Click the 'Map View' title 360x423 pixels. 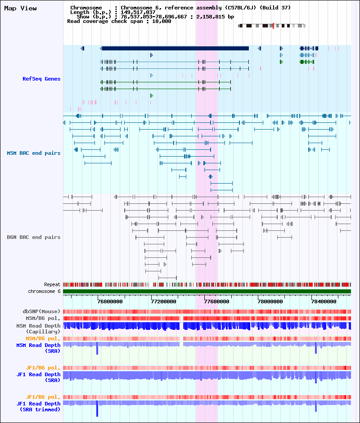pos(21,9)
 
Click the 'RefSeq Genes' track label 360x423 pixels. pos(41,79)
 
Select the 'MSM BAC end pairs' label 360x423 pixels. pos(34,153)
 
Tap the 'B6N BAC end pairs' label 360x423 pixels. pos(34,237)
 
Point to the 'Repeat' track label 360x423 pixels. pos(52,284)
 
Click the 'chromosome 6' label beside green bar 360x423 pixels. pos(44,291)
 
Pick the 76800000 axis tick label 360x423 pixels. pos(110,301)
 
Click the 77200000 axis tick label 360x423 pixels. pos(163,301)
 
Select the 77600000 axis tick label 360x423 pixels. pos(217,301)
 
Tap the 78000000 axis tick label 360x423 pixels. pos(270,301)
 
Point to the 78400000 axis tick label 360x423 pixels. pos(324,301)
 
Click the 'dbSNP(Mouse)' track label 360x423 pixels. pos(41,311)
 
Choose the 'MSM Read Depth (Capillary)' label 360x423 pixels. pos(39,328)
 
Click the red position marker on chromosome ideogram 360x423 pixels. pos(273,26)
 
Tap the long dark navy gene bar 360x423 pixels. pos(175,48)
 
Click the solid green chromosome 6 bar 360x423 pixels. pos(207,291)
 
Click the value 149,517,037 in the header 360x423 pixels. pos(138,12)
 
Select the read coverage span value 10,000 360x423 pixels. pos(162,21)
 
